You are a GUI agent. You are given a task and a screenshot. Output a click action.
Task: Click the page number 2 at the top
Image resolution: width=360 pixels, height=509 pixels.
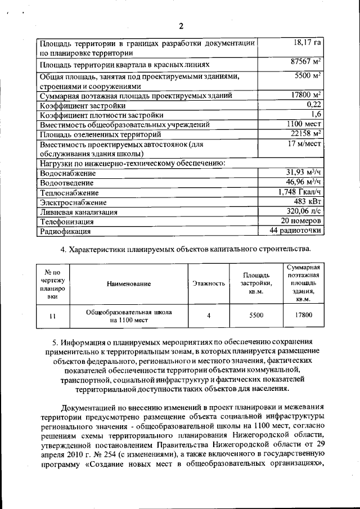[x=181, y=26]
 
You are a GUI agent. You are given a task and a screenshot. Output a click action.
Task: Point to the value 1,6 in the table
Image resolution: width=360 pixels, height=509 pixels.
[x=316, y=114]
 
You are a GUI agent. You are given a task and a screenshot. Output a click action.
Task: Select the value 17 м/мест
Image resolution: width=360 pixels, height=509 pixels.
[x=304, y=144]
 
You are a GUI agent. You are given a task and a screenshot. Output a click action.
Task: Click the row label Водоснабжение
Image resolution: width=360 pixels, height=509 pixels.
[x=66, y=174]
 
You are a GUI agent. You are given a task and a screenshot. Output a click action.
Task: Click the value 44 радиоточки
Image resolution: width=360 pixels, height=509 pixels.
[x=296, y=230]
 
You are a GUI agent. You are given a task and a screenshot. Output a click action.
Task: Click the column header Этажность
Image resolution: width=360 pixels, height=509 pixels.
[x=209, y=284]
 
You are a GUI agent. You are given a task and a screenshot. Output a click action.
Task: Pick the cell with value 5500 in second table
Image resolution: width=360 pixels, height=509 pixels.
[x=256, y=316]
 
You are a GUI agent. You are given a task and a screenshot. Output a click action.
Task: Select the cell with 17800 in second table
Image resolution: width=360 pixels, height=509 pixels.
[x=303, y=316]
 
